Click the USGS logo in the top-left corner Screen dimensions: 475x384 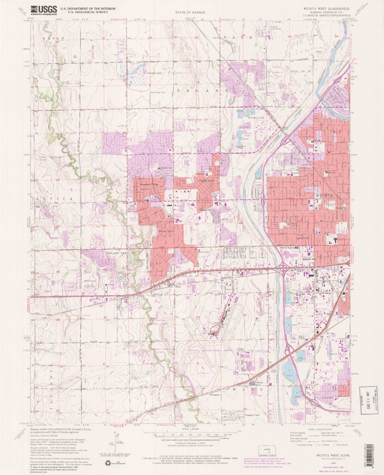[x=44, y=10]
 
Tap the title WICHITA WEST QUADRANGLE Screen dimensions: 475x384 [x=326, y=9]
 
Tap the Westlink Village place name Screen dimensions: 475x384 [x=148, y=184]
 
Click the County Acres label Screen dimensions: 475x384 [x=207, y=180]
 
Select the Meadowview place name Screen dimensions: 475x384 [x=208, y=210]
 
